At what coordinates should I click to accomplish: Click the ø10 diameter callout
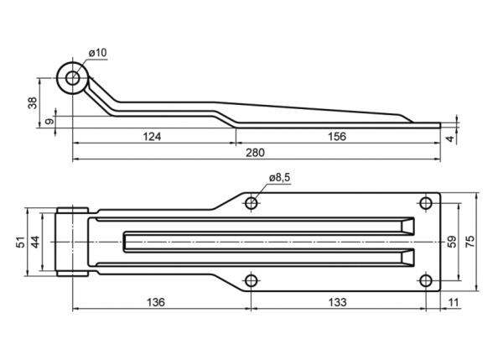pos(98,53)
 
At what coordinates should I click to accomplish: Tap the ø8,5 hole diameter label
pos(280,177)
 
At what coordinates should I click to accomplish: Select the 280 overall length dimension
pos(256,153)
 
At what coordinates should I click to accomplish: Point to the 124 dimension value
pos(152,137)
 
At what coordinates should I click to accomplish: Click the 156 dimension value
pos(337,137)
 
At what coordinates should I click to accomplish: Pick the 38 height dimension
pos(33,102)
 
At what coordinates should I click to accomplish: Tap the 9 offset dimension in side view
pos(50,122)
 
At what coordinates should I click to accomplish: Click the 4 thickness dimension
pos(451,138)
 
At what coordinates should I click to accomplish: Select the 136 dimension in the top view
pos(156,302)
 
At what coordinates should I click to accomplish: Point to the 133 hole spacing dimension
pos(338,302)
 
